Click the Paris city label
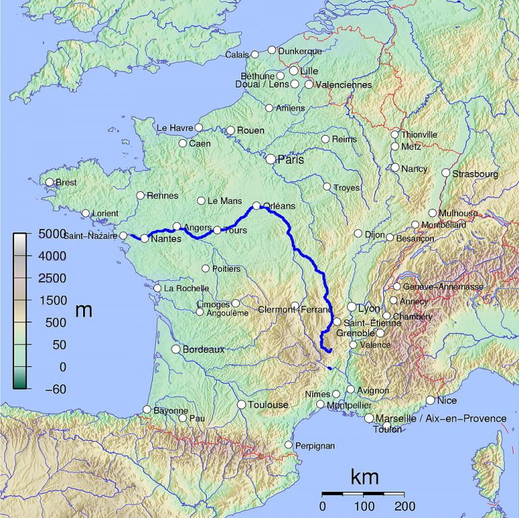tap(291, 160)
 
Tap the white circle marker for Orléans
tap(257, 206)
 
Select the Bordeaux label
tap(203, 349)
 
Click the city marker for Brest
tap(49, 182)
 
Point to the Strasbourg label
tap(476, 174)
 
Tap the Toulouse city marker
tap(241, 405)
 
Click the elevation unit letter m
tap(84, 310)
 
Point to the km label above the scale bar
tap(364, 476)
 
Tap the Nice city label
tap(447, 400)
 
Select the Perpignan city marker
tap(289, 445)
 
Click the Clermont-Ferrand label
tap(295, 310)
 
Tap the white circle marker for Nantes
tap(144, 238)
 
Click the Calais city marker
tap(255, 55)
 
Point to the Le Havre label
tap(174, 128)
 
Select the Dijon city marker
tap(358, 234)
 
